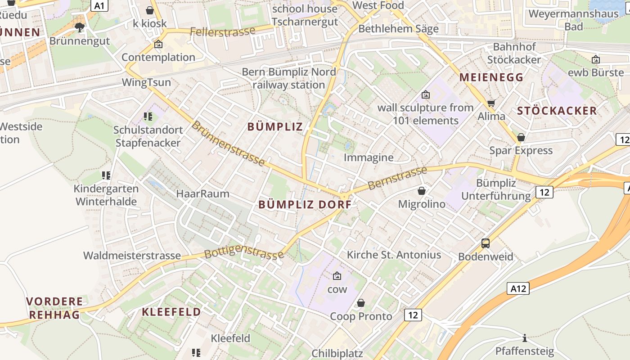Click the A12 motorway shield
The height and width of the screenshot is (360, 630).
517,289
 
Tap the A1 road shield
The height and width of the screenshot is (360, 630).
99,5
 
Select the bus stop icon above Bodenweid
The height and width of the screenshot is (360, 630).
486,243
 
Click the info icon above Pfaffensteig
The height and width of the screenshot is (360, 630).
524,338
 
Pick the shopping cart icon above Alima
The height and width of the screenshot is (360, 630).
491,103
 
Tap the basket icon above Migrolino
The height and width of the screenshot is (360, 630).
422,191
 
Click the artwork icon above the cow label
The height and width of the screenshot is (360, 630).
337,276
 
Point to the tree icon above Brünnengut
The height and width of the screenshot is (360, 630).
80,27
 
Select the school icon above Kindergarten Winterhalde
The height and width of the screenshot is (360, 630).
106,175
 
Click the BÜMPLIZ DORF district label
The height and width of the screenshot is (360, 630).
305,204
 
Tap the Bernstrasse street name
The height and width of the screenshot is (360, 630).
397,178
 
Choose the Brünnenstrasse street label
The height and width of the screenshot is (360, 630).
228,143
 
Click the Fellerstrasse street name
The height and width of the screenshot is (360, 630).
222,31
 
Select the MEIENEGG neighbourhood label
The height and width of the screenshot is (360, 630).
491,77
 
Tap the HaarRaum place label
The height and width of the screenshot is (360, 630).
202,194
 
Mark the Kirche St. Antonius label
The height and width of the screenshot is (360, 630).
394,255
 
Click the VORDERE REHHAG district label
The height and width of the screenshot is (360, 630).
55,308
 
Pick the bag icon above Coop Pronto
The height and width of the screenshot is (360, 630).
360,303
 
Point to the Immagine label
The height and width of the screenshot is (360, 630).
369,157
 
